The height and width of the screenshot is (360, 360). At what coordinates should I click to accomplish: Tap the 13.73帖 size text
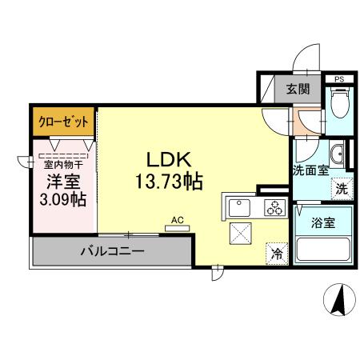pos(168,181)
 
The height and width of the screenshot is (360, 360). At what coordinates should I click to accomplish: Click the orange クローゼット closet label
pos(64,122)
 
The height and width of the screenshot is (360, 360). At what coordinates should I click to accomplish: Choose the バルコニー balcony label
pos(111,251)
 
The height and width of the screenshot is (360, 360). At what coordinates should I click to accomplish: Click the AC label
pos(178,218)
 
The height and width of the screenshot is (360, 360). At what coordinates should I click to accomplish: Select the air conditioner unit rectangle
pos(178,228)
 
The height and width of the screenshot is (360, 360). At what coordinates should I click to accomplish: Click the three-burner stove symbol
pos(274,208)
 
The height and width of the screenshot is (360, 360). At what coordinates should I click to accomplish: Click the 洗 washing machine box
pos(340,190)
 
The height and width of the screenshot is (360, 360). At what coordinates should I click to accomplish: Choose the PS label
pos(339,78)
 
